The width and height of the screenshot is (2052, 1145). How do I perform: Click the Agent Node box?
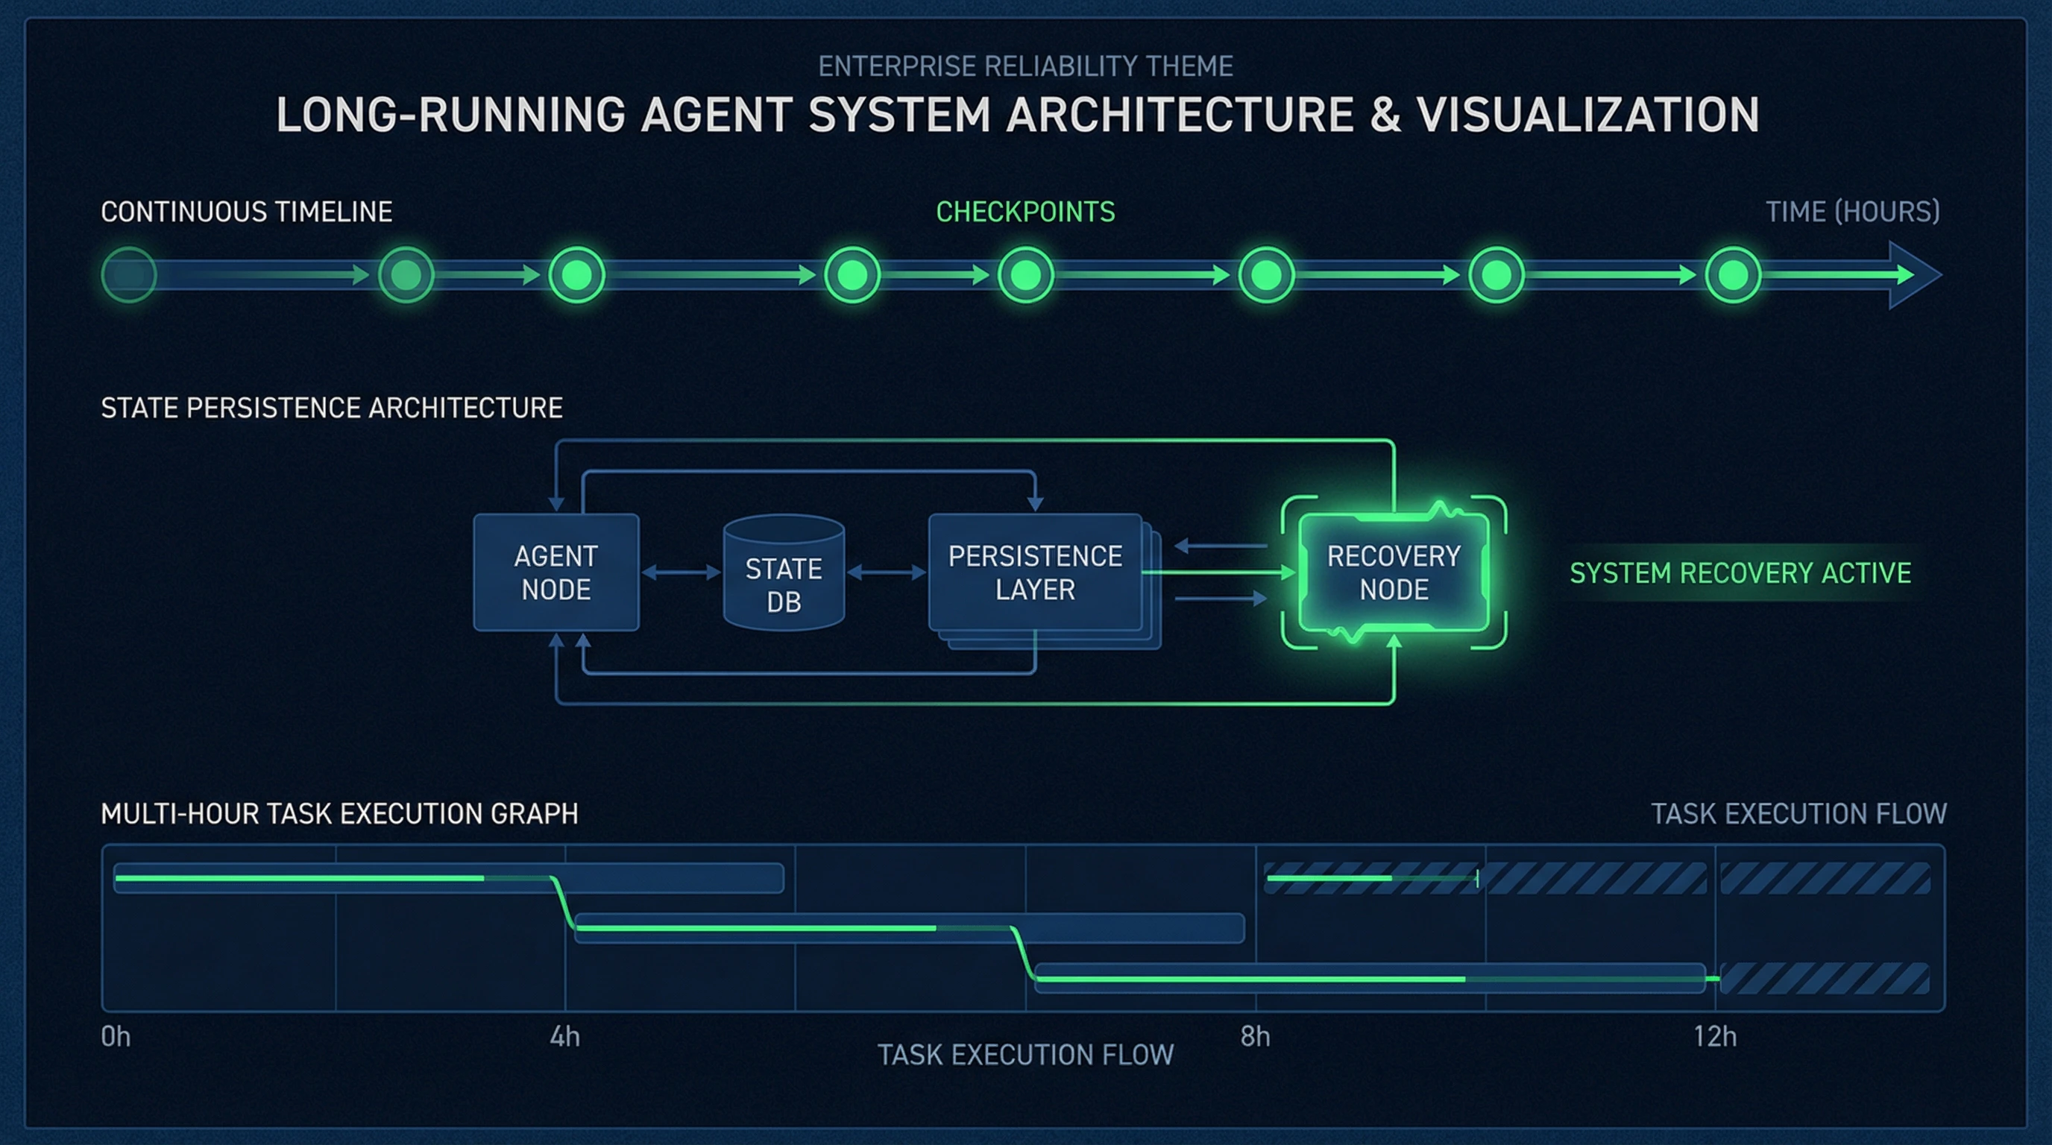(x=556, y=572)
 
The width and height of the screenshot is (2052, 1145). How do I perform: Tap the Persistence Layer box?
(x=1035, y=572)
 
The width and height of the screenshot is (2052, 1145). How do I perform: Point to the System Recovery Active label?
(x=1740, y=573)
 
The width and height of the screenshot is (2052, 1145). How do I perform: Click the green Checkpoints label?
(x=1025, y=212)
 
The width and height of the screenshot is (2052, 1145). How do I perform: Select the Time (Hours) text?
(x=1852, y=212)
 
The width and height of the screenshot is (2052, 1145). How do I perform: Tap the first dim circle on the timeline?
(x=129, y=275)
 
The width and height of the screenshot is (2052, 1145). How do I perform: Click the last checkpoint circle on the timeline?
(x=1733, y=275)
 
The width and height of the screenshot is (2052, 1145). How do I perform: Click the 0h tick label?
(x=116, y=1037)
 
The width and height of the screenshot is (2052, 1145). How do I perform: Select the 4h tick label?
(x=564, y=1037)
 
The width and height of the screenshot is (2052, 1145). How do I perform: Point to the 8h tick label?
(x=1255, y=1037)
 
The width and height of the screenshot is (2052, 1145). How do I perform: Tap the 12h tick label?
(x=1714, y=1037)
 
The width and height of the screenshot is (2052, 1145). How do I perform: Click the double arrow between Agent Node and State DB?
(x=681, y=572)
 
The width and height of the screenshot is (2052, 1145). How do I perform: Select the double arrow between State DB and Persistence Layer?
(x=887, y=572)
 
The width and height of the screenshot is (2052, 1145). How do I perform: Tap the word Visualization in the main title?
(x=1587, y=115)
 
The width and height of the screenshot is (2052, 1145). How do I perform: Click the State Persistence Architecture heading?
(x=331, y=408)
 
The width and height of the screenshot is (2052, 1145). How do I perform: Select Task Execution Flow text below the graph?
(x=1025, y=1055)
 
